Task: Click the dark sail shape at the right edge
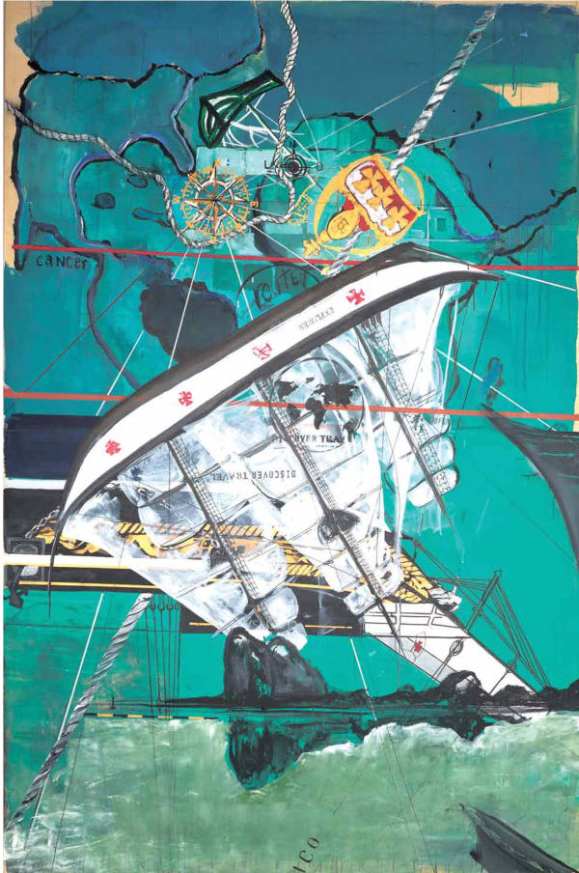tap(540, 464)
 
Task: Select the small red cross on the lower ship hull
tap(418, 644)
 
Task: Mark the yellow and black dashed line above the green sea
tap(135, 716)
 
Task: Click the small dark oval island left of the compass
tap(104, 201)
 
